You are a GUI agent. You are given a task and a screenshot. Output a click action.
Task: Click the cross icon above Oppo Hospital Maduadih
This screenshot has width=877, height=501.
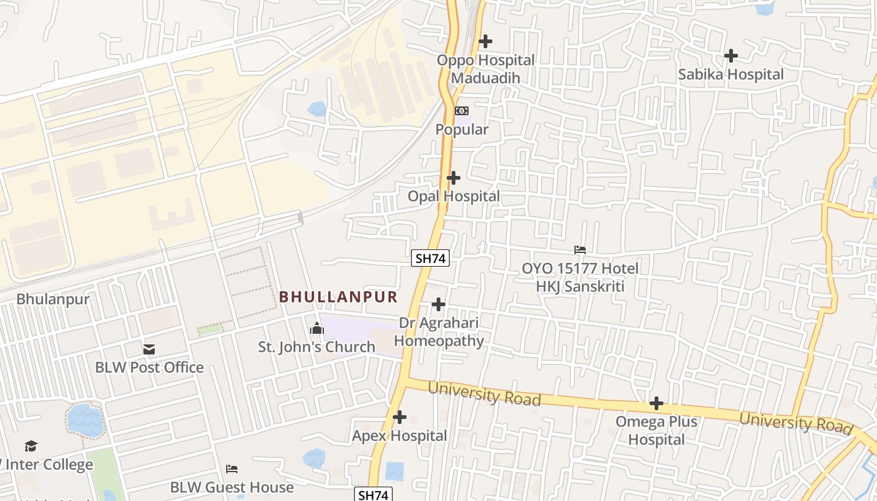click(x=485, y=41)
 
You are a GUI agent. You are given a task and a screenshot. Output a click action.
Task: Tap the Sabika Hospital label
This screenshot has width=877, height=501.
click(x=730, y=75)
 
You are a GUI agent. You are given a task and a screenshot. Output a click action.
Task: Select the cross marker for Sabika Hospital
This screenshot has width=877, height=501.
click(x=730, y=56)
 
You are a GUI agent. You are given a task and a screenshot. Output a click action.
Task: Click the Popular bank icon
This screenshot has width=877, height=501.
click(x=461, y=111)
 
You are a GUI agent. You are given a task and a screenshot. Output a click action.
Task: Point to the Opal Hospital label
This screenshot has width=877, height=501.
click(x=454, y=196)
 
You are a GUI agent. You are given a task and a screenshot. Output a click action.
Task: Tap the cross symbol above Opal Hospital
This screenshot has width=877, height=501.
click(x=453, y=178)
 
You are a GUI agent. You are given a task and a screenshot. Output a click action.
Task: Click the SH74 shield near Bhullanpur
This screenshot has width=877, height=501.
click(x=430, y=257)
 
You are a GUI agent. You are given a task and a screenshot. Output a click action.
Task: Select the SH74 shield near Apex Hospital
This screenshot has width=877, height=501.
click(x=373, y=495)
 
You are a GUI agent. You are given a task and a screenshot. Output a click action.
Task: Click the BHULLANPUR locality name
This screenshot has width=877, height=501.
click(x=338, y=296)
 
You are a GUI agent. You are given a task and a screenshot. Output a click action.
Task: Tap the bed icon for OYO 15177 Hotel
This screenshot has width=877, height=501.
click(x=580, y=250)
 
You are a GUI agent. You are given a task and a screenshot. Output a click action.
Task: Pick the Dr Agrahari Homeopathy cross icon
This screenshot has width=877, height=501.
click(x=438, y=304)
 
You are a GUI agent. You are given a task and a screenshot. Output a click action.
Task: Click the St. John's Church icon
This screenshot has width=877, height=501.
click(x=317, y=328)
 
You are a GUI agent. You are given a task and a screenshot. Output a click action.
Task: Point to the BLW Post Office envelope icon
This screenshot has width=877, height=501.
click(x=149, y=349)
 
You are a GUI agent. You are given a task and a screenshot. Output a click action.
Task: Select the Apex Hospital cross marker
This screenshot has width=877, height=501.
click(x=399, y=417)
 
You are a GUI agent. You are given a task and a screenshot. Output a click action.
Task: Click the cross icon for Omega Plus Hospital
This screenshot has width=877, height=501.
click(x=656, y=403)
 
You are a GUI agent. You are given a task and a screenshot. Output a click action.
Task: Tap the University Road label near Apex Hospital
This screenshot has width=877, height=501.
click(x=484, y=394)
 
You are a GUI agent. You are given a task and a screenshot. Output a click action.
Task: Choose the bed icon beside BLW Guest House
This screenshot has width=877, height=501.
click(x=232, y=468)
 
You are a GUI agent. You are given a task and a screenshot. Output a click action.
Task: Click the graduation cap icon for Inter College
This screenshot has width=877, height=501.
click(x=31, y=446)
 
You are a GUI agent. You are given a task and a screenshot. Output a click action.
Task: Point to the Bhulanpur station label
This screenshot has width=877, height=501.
click(x=53, y=299)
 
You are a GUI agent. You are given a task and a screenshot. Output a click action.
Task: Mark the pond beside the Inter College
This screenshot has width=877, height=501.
click(x=85, y=420)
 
